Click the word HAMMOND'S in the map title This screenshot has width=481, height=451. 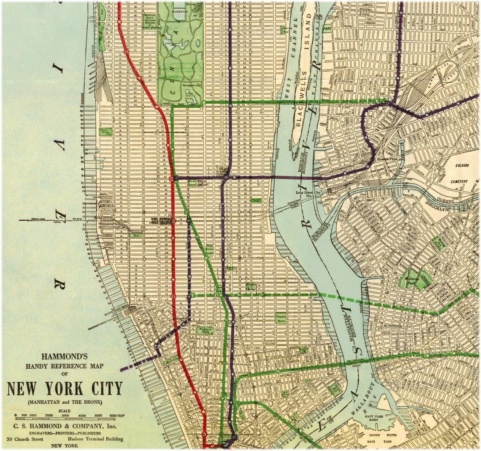tap(65, 356)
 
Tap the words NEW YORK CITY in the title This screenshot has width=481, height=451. tap(65, 388)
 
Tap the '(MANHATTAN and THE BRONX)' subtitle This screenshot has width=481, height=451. tap(65, 402)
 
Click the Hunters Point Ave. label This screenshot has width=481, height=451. tap(388, 159)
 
